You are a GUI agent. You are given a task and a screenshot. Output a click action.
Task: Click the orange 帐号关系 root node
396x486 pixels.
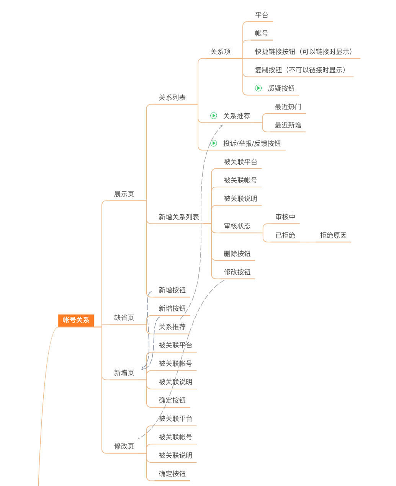[76, 320]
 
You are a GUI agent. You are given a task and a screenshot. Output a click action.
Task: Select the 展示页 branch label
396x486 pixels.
[124, 194]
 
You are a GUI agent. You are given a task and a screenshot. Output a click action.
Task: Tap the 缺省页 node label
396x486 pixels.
[124, 318]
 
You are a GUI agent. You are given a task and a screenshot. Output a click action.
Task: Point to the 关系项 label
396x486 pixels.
[220, 52]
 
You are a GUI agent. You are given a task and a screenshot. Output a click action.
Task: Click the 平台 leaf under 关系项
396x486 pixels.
[262, 15]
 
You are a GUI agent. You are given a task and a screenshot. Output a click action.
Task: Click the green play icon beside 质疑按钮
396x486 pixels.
[259, 88]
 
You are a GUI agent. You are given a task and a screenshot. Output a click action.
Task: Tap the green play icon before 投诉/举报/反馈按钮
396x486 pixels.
[214, 143]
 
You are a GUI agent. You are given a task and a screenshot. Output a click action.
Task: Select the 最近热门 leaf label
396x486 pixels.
[288, 107]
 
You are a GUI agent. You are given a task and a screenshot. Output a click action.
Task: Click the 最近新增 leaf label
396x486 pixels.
[288, 125]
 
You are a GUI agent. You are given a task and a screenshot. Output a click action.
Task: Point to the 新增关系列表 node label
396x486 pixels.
[179, 217]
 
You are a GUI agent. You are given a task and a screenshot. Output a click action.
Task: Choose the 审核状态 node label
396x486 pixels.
[237, 226]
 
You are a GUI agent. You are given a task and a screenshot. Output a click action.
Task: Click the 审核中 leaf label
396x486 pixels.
[285, 217]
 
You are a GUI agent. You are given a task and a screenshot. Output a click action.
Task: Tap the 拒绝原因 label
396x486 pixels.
[333, 235]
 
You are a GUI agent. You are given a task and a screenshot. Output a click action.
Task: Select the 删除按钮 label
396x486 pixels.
[237, 254]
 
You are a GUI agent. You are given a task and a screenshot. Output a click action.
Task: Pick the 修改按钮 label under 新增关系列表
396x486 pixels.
[237, 272]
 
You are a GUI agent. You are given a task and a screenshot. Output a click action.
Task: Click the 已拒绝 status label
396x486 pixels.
[285, 235]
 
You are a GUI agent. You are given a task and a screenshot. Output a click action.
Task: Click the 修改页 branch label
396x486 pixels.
[124, 446]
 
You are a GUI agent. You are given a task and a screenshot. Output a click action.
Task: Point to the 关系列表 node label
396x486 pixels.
[172, 98]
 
